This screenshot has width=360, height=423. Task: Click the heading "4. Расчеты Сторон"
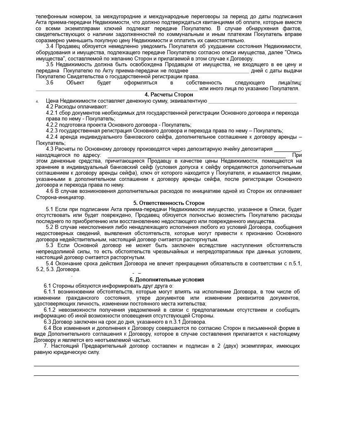pyautogui.click(x=168, y=95)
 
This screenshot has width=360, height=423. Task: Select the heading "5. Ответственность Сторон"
pyautogui.click(x=168, y=203)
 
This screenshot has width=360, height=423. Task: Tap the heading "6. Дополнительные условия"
pyautogui.click(x=168, y=280)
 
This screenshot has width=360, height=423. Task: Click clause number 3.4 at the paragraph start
pyautogui.click(x=50, y=46)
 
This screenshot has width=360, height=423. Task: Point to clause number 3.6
pyautogui.click(x=50, y=82)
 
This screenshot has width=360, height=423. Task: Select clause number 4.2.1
pyautogui.click(x=53, y=113)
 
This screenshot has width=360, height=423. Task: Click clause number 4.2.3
pyautogui.click(x=53, y=131)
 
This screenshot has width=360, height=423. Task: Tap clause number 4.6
pyautogui.click(x=50, y=191)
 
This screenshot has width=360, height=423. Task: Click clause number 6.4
pyautogui.click(x=48, y=328)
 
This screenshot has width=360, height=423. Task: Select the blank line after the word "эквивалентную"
pyautogui.click(x=252, y=101)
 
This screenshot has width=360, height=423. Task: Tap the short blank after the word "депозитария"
pyautogui.click(x=287, y=149)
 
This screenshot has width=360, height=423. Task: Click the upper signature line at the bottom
pyautogui.click(x=166, y=366)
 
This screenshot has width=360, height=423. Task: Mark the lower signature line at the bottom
pyautogui.click(x=166, y=375)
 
